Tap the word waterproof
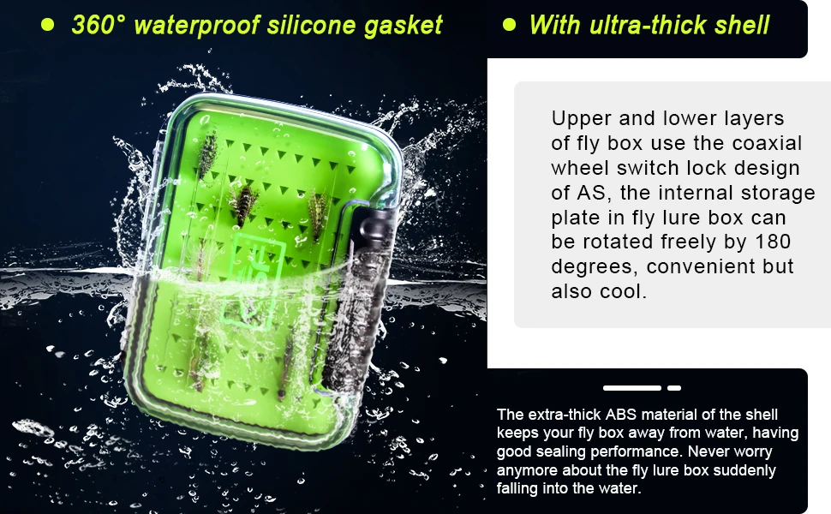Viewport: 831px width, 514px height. tap(197, 26)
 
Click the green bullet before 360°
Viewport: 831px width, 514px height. tap(48, 25)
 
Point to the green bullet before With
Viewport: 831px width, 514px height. tap(509, 25)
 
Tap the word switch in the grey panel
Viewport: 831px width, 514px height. tap(649, 168)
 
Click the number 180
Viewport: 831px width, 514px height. tap(773, 242)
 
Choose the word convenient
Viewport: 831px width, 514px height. tap(702, 266)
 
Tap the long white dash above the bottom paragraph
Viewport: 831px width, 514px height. tap(631, 388)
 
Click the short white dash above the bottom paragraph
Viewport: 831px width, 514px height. tap(674, 388)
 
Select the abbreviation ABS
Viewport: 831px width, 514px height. tap(621, 415)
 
